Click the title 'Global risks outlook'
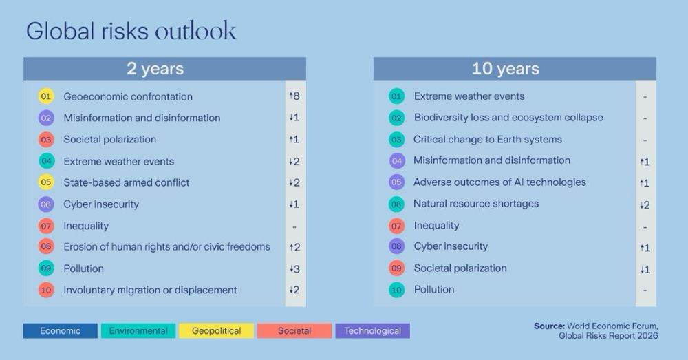[131, 31]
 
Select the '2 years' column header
[164, 69]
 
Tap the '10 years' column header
[515, 69]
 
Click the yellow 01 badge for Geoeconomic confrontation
[46, 96]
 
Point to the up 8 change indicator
[294, 96]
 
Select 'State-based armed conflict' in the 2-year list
[127, 182]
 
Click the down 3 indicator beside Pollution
[294, 268]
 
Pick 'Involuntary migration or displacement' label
[150, 290]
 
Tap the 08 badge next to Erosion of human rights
[46, 246]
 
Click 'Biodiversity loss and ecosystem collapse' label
[508, 118]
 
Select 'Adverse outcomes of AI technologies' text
[499, 182]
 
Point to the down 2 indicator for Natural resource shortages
[645, 204]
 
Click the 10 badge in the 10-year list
[396, 290]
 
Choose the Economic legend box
[60, 331]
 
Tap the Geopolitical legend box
[216, 331]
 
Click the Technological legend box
[372, 331]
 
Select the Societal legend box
[294, 331]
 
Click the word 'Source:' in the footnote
[549, 325]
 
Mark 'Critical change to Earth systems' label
[488, 139]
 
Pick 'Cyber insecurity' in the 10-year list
[451, 246]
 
